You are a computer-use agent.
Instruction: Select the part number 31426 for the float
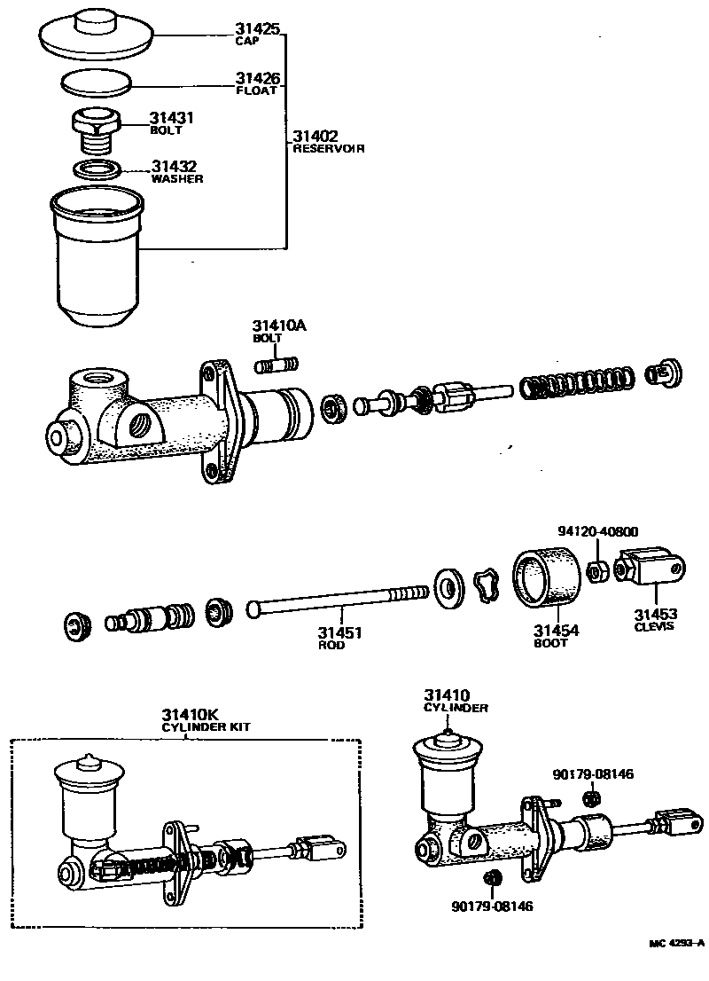pos(257,78)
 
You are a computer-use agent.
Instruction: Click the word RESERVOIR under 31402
pos(329,149)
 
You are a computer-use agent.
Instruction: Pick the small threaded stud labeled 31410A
pos(277,364)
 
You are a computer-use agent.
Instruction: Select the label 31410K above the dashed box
pos(190,714)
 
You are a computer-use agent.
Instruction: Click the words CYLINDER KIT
pos(206,727)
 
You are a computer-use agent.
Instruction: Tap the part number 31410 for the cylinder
pos(447,695)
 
